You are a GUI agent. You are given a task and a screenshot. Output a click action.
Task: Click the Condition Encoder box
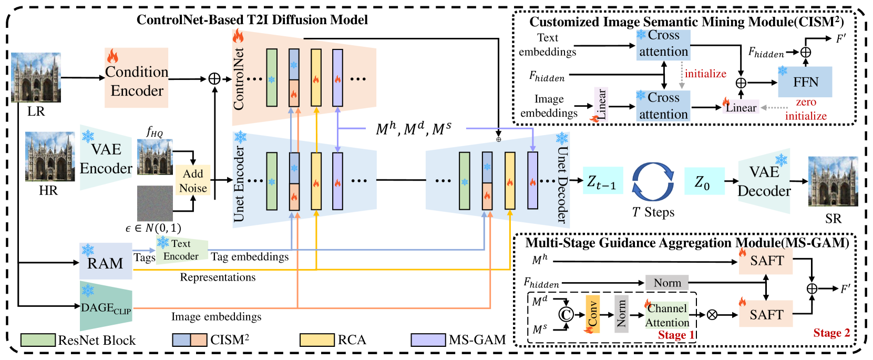click(x=137, y=78)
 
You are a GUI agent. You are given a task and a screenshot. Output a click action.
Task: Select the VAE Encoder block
click(x=106, y=158)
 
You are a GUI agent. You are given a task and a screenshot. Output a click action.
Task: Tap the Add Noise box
click(x=193, y=180)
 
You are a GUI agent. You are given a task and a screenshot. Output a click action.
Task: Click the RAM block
click(x=106, y=261)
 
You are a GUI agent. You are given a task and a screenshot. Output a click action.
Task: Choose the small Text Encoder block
click(x=181, y=250)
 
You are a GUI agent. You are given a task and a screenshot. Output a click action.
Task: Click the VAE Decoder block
click(x=764, y=181)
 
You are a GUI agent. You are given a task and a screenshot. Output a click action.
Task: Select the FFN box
click(x=805, y=82)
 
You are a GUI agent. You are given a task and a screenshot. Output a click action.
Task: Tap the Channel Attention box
click(x=667, y=315)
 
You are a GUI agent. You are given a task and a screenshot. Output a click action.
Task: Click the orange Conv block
click(x=592, y=314)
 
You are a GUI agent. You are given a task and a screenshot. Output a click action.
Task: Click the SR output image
click(x=833, y=181)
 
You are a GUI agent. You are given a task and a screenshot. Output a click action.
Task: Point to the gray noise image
click(x=155, y=203)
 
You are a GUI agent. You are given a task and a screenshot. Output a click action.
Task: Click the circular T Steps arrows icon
click(x=653, y=181)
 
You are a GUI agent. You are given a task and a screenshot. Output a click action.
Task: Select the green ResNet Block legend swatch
click(x=38, y=340)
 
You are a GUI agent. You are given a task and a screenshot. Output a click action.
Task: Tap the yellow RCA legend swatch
click(x=317, y=340)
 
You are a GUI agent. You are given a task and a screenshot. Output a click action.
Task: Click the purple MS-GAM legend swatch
click(x=428, y=340)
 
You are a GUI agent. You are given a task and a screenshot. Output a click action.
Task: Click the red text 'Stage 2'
click(x=831, y=333)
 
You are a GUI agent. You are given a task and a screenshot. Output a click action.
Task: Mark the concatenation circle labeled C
click(x=566, y=314)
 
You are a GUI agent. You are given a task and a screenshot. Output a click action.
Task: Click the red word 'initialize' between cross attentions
click(x=705, y=74)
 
